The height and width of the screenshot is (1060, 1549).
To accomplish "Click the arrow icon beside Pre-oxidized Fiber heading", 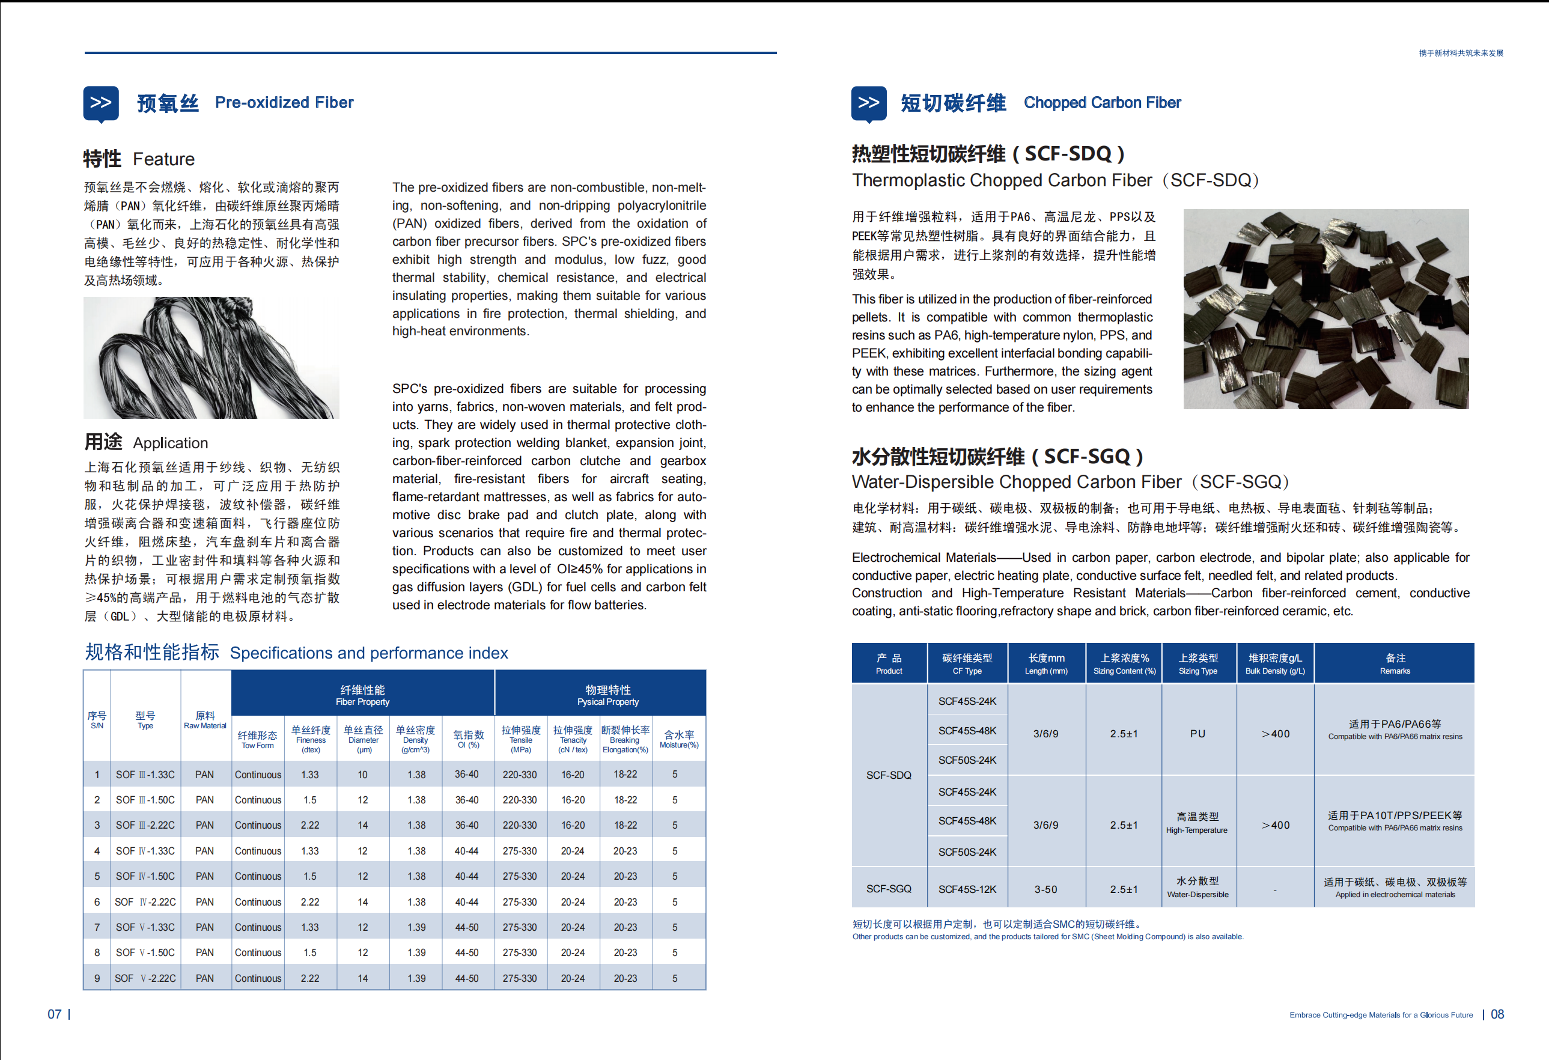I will point(101,103).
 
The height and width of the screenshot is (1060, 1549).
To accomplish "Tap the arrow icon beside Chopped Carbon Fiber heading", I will point(868,103).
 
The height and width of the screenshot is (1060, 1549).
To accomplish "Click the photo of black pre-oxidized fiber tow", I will point(212,358).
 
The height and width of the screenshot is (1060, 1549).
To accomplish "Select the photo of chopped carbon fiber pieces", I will point(1325,309).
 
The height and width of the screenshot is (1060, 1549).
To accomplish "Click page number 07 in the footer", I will point(55,1014).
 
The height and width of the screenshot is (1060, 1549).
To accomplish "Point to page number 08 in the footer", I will point(1497,1014).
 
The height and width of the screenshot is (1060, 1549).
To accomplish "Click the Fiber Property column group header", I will point(362,695).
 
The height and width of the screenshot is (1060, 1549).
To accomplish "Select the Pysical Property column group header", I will point(607,695).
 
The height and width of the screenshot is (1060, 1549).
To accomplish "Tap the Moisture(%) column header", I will point(678,739).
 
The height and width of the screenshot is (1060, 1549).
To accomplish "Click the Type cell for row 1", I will point(145,775).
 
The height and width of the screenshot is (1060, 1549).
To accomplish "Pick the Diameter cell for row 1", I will point(362,775).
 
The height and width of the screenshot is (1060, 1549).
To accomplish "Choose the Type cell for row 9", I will point(145,978).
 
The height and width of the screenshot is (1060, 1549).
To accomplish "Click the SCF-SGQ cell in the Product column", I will point(889,889).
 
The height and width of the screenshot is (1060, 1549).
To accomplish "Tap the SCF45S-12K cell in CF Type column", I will point(967,889).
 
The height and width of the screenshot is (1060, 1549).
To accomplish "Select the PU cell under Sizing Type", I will point(1198,733).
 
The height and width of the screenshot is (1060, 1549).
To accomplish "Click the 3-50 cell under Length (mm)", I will point(1045,889).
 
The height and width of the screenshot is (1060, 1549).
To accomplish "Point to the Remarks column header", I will point(1395,663).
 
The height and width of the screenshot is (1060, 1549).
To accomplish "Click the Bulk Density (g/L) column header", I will point(1275,663).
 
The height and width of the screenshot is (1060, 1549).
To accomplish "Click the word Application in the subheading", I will point(171,443).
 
